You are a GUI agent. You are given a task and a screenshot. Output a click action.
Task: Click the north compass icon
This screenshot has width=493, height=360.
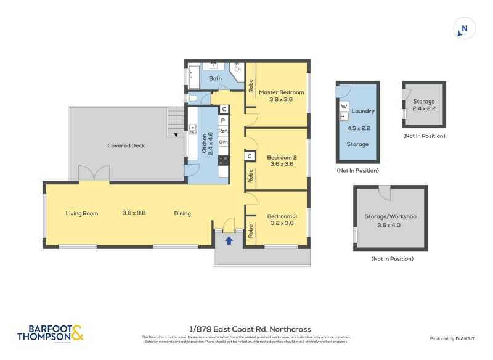[x=464, y=28]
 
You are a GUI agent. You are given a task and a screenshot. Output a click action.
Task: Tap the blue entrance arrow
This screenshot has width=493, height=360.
[x=229, y=240]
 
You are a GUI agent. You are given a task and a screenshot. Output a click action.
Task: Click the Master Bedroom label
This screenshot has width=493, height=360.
[x=281, y=92]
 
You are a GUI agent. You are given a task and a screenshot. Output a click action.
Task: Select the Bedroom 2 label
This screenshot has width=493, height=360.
[x=282, y=157]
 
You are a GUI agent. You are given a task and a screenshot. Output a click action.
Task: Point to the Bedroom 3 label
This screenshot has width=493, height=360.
[x=282, y=216]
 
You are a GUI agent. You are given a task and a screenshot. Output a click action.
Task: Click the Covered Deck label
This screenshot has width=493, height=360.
[x=126, y=145]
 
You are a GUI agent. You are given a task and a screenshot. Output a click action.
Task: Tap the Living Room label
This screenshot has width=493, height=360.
[x=82, y=213]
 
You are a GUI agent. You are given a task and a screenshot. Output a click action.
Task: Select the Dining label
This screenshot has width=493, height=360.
[x=182, y=213]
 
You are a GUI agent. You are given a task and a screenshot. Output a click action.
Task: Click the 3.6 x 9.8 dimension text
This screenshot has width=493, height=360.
[x=134, y=213]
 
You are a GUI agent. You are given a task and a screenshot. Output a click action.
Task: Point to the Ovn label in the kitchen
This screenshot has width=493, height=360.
[x=223, y=142]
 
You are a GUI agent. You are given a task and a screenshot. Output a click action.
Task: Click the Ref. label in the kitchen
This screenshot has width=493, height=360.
[x=223, y=131]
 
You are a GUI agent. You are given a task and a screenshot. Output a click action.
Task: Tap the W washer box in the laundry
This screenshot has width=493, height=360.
[x=344, y=106]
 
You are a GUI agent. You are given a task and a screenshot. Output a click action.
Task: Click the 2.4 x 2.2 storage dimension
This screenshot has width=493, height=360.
[x=424, y=108]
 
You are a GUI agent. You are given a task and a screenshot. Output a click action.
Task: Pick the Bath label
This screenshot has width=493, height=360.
[x=215, y=78]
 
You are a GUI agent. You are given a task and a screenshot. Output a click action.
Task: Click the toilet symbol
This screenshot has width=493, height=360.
[x=192, y=98]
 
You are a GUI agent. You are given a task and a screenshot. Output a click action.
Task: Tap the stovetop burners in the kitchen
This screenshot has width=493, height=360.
[x=223, y=160]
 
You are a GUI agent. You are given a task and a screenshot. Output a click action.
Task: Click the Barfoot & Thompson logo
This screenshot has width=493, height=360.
[x=50, y=333]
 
